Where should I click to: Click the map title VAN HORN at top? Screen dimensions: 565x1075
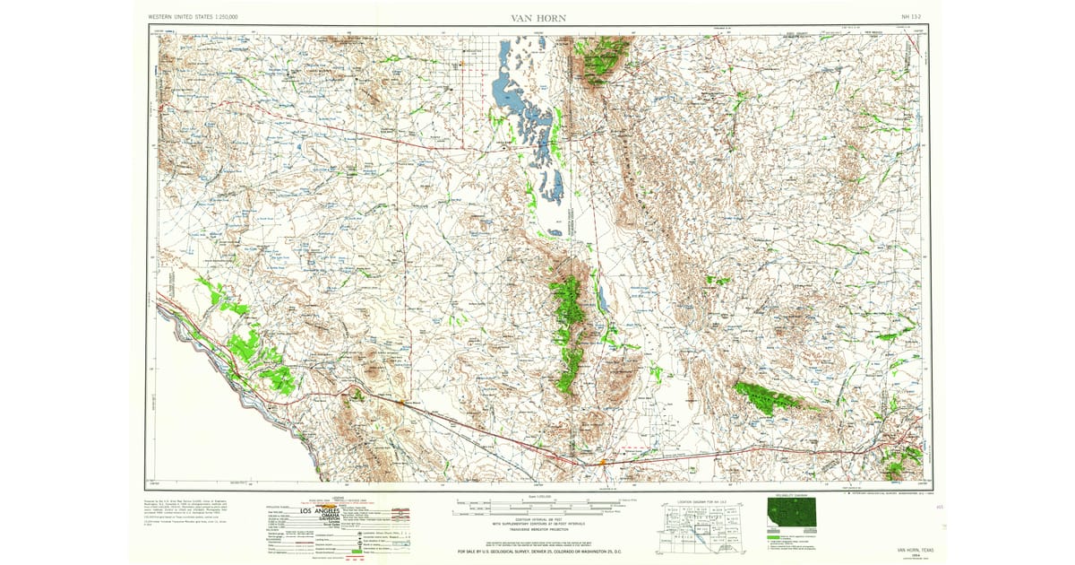click(537, 18)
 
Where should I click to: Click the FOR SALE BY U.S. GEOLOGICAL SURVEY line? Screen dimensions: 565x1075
click(537, 551)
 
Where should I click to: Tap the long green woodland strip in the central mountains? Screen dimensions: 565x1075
click(568, 332)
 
